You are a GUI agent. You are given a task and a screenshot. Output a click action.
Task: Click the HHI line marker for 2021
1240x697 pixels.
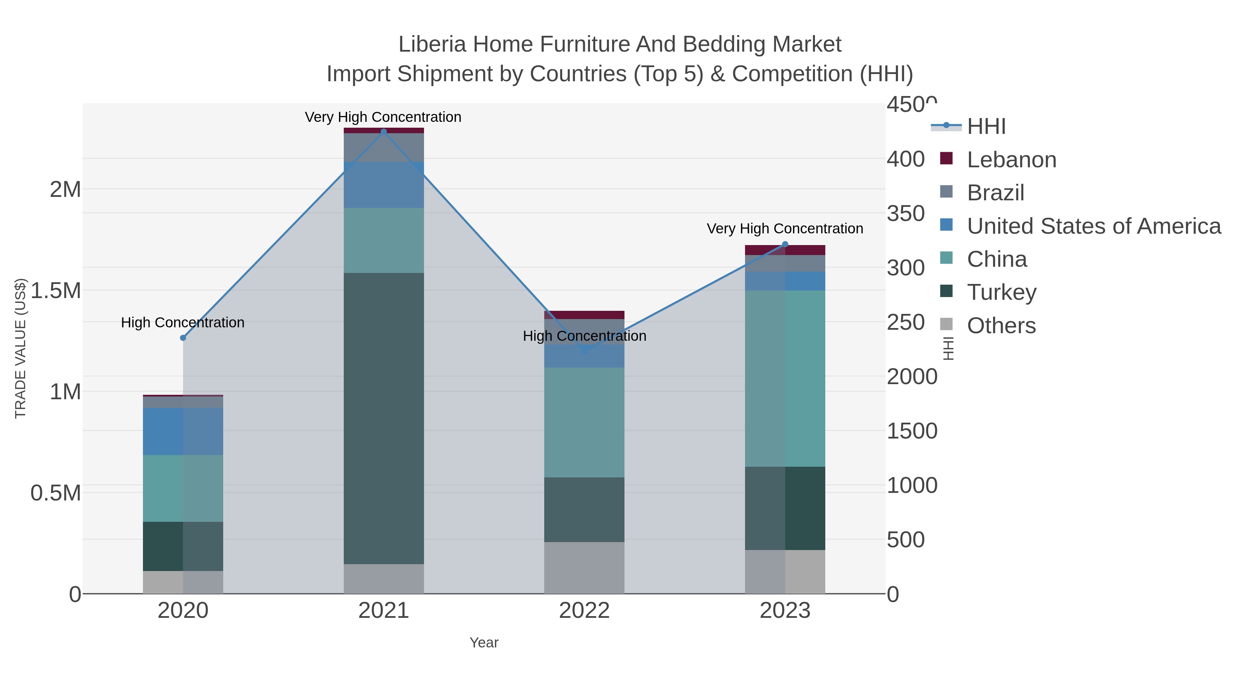(384, 131)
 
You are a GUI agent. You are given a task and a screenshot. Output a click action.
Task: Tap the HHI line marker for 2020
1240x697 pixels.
(183, 338)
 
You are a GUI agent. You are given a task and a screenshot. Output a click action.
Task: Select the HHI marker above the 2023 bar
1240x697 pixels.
(785, 244)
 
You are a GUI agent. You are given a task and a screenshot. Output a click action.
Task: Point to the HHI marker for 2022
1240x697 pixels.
(585, 351)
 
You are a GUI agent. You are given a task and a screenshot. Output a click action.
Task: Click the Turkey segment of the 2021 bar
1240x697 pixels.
(384, 419)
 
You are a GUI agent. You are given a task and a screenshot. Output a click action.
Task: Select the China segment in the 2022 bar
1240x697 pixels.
(585, 422)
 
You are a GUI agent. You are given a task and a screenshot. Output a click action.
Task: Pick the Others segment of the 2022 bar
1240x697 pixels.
(585, 568)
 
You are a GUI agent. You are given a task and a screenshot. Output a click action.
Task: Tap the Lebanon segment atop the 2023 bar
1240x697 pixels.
(785, 250)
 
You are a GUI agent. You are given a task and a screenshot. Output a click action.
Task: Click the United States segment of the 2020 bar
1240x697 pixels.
(183, 432)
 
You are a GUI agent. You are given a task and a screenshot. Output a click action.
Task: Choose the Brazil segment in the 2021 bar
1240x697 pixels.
(384, 148)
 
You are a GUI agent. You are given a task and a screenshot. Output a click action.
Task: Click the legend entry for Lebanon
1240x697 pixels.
(1011, 160)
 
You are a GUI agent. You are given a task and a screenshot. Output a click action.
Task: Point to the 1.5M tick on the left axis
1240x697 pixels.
(56, 291)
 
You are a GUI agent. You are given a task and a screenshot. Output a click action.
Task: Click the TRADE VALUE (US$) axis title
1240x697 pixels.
(20, 348)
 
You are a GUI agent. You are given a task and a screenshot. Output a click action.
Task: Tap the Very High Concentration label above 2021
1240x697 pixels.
(383, 117)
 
